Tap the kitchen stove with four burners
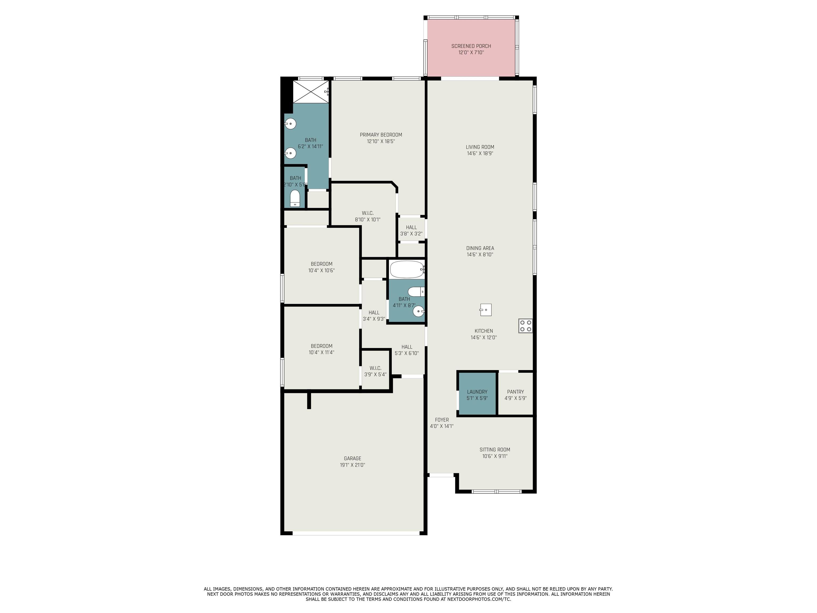point(526,326)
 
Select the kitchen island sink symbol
point(486,310)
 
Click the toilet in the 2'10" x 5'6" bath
point(295,198)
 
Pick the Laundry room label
point(477,392)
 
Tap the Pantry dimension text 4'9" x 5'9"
point(516,398)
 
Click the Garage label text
point(352,458)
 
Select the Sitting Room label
point(495,450)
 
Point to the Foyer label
point(442,420)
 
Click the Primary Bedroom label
point(381,135)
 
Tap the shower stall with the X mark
point(311,92)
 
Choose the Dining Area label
point(480,248)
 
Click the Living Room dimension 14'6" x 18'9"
point(480,153)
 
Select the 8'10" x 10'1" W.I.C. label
point(368,216)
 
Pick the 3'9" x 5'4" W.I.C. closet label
point(375,371)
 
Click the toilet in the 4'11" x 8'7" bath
point(417,292)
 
